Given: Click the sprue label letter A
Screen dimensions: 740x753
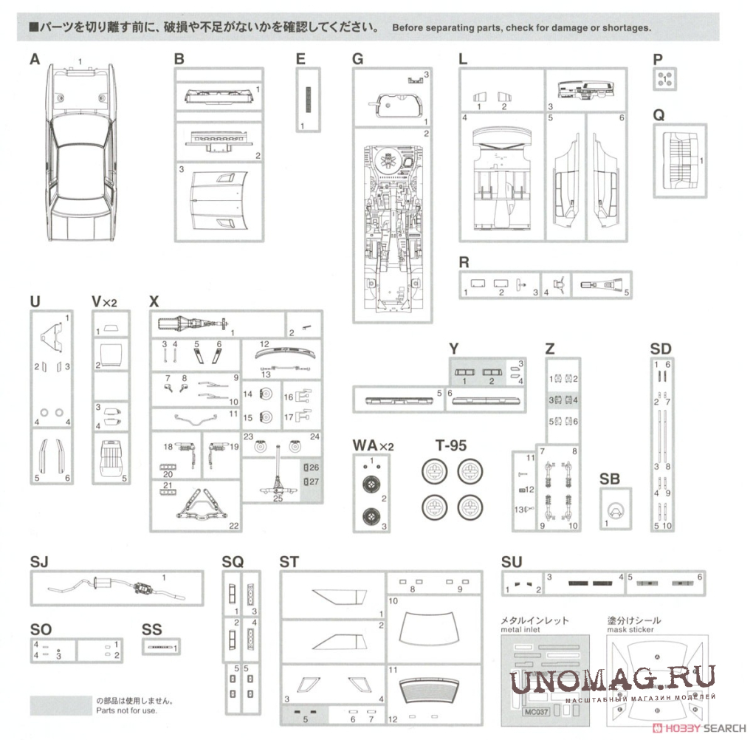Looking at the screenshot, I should (35, 60).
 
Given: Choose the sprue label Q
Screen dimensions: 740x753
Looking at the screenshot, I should (659, 114).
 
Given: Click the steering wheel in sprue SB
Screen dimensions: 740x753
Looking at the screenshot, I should (616, 510).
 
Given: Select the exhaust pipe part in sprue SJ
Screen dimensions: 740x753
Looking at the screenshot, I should (118, 588).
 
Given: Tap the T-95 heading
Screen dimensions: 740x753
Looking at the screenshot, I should (450, 445).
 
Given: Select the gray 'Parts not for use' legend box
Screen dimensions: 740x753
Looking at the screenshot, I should (61, 705).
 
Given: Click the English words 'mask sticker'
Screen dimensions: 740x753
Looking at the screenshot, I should (631, 631).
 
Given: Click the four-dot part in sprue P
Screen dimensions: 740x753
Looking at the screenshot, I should (663, 79).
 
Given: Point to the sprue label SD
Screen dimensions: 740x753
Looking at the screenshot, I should (660, 349).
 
